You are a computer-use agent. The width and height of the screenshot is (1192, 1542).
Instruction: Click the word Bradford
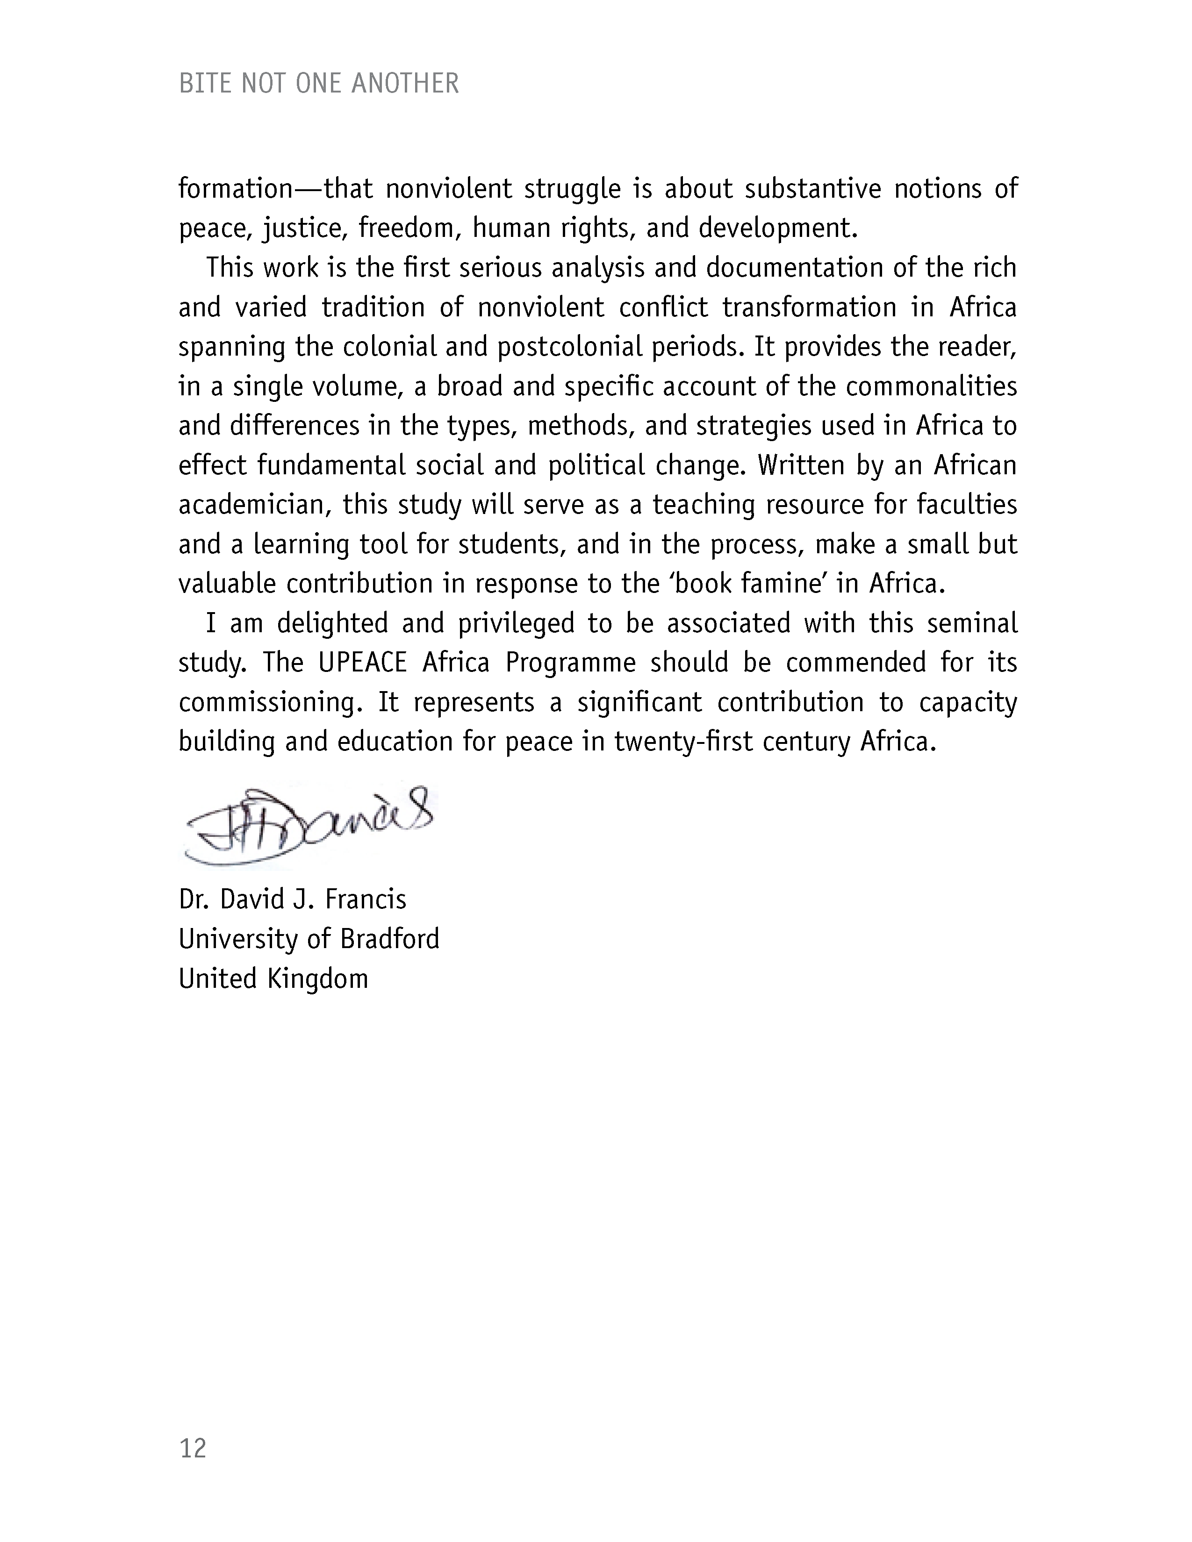pos(390,939)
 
